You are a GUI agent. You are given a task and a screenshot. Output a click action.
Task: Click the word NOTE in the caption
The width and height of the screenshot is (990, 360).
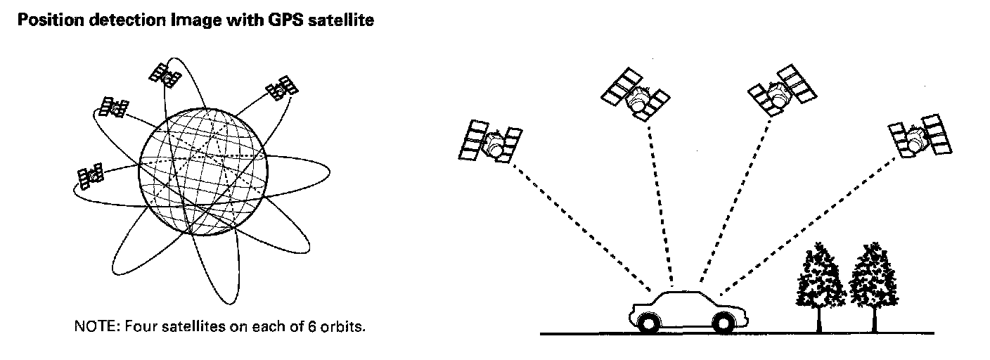(90, 327)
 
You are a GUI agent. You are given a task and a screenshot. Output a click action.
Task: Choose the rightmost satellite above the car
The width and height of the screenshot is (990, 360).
(920, 136)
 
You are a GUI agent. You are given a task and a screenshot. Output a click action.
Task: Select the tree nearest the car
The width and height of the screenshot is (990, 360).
(819, 281)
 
